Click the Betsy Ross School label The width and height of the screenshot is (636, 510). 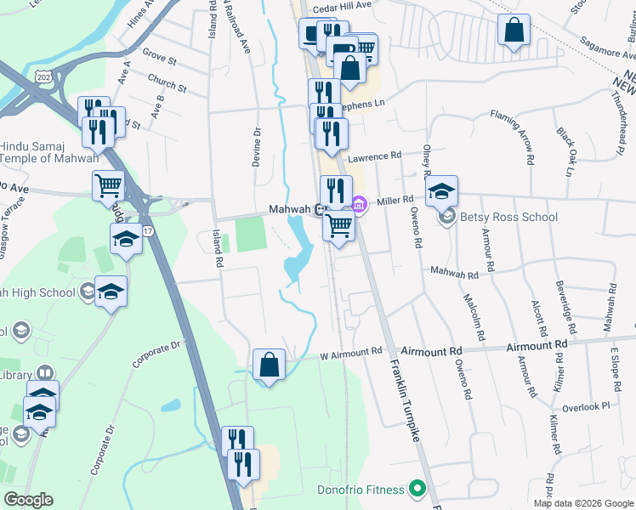[508, 217]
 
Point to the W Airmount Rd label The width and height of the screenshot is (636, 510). [351, 352]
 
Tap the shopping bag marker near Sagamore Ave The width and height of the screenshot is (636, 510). [514, 31]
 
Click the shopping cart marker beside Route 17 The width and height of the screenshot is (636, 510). [108, 185]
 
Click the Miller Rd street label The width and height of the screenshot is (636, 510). [395, 199]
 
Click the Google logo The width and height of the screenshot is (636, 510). [28, 500]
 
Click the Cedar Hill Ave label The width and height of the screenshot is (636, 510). [343, 5]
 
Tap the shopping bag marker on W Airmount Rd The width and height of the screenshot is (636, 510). [269, 365]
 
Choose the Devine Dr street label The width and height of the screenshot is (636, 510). [256, 145]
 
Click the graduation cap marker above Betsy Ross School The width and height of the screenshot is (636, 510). [441, 190]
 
